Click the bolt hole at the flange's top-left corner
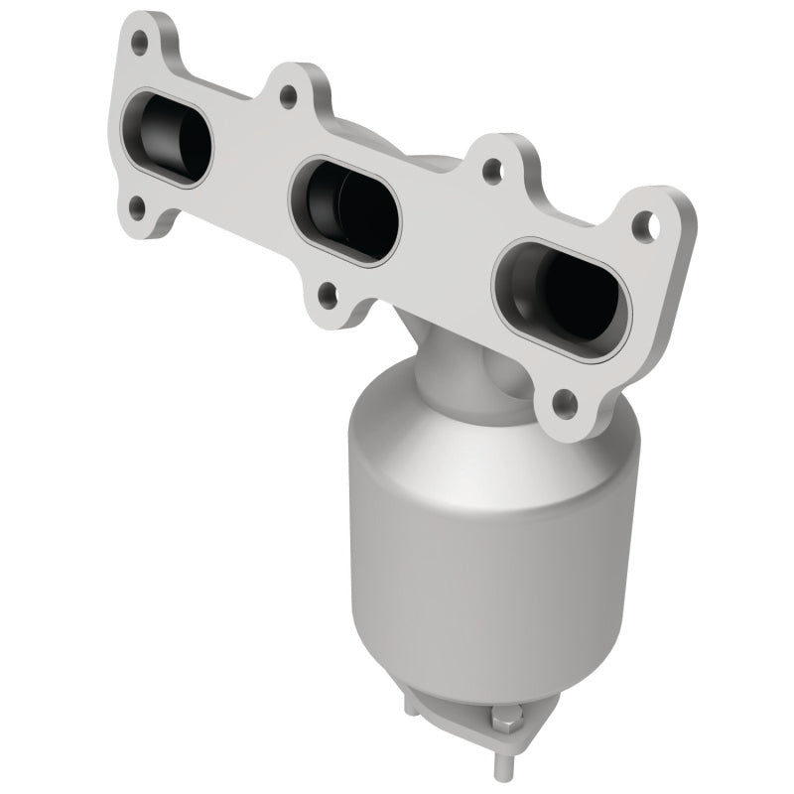click(x=140, y=43)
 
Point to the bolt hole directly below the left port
click(x=136, y=207)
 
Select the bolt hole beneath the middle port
click(x=327, y=293)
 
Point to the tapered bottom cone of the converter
click(x=466, y=635)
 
